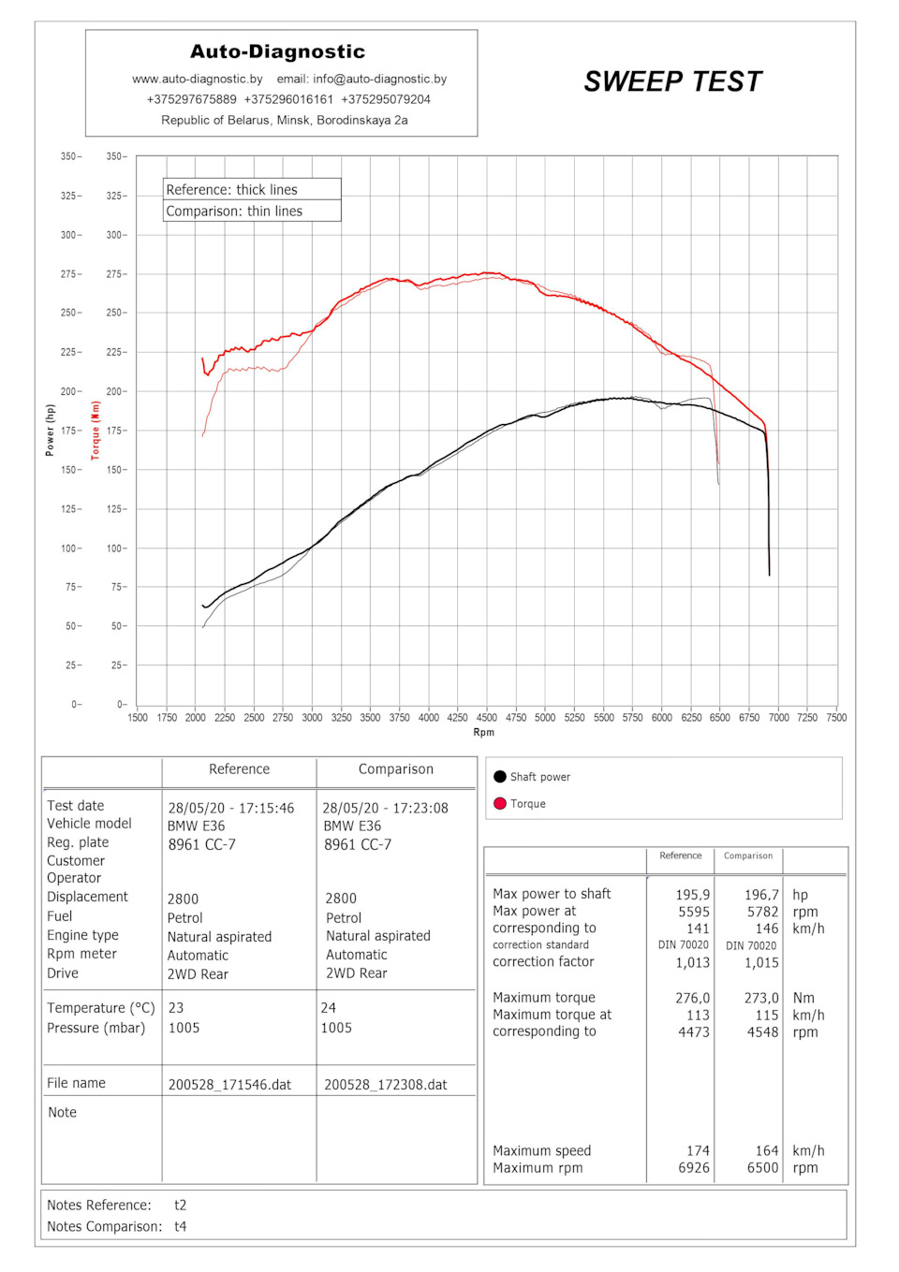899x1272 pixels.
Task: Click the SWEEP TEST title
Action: pos(672,82)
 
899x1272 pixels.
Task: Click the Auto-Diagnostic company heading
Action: pos(277,51)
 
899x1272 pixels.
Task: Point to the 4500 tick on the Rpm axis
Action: pos(487,718)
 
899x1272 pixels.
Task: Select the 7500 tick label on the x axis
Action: pos(836,718)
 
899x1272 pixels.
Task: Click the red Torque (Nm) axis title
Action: pos(95,431)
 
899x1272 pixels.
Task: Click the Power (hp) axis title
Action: pos(51,431)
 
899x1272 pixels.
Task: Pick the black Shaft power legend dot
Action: pos(500,777)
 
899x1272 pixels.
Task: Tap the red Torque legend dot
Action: pos(500,803)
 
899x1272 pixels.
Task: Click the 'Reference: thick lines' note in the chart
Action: pos(232,189)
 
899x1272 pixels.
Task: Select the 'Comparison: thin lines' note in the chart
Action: pos(235,212)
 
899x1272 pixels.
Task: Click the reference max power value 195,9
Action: pos(692,895)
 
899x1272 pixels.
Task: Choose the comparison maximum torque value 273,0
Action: pos(761,998)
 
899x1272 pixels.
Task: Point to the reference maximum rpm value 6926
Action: pos(694,1168)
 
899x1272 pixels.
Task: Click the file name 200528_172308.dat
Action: pos(386,1085)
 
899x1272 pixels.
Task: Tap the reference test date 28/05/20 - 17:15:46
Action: pos(231,808)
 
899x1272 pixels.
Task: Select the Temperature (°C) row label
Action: pos(101,1008)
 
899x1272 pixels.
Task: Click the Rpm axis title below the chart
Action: pos(483,733)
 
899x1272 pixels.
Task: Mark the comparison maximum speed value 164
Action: pos(767,1151)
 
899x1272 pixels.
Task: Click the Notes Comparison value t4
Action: pos(181,1226)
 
